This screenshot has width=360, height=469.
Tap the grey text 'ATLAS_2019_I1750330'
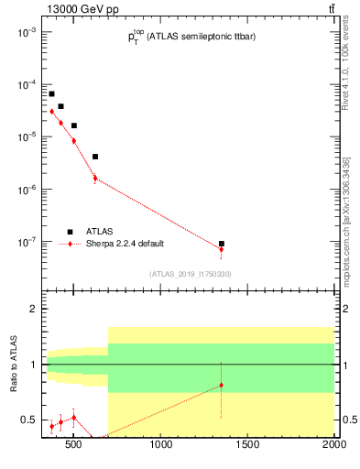coord(190,274)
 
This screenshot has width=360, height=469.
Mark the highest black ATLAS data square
coord(52,93)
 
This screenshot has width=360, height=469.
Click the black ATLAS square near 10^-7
coord(221,244)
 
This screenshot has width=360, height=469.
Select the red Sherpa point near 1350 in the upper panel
coord(221,249)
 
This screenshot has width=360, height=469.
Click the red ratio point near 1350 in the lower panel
coord(221,386)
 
